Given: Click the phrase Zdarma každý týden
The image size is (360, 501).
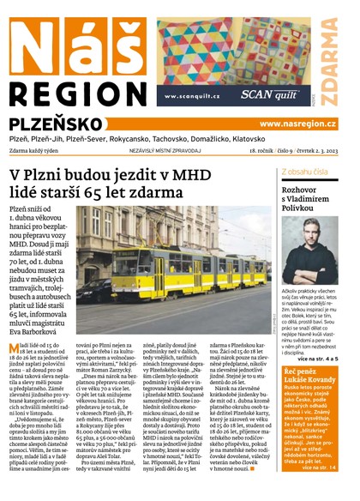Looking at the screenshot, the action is [x=39, y=151].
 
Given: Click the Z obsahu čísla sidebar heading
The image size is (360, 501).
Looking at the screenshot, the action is [x=300, y=172].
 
